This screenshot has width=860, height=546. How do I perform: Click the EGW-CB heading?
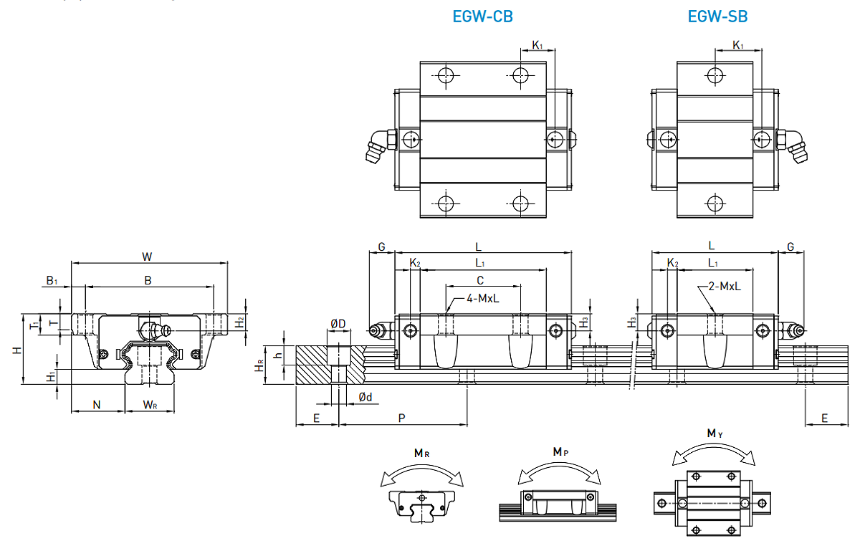pos(482,16)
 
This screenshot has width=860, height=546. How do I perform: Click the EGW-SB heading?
pos(717,16)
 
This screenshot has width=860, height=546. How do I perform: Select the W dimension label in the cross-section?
pos(148,256)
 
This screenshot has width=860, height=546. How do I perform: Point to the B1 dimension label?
pos(52,281)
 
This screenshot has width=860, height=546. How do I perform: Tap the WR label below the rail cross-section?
pos(150,405)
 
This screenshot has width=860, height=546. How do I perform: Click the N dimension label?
pos(97,405)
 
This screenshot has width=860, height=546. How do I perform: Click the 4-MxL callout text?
pos(484,298)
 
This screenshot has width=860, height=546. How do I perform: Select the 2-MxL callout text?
pos(724,286)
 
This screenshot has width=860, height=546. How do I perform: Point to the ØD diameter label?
pos(338,324)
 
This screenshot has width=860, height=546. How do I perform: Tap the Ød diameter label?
pos(365,397)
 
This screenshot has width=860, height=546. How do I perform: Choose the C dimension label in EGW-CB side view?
pos(480,279)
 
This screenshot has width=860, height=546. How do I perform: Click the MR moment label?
pos(421,453)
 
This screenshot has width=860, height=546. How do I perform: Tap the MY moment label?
pos(715,434)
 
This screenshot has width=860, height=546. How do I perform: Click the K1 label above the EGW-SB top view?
pos(738,45)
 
